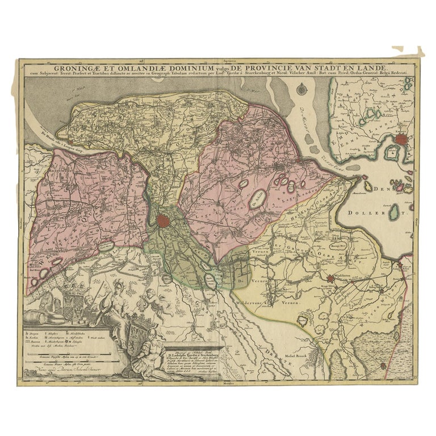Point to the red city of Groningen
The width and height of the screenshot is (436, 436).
pyautogui.click(x=164, y=220)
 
